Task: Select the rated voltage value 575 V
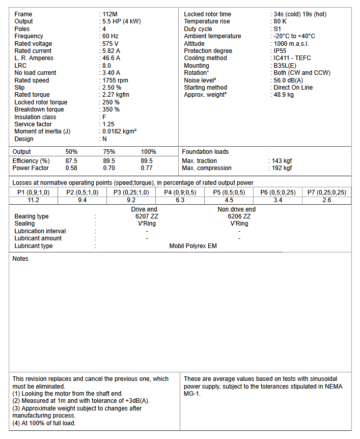pos(112,44)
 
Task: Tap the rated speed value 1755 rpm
pos(116,80)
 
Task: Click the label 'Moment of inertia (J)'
pos(42,131)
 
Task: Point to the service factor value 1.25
pos(109,124)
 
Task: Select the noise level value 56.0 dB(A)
pos(288,80)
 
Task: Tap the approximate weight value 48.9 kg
pos(284,95)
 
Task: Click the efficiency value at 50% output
pos(71,161)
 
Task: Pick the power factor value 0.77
pos(147,168)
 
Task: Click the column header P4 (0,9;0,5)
pos(180,193)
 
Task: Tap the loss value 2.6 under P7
pos(326,200)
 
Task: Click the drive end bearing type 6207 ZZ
pos(145,216)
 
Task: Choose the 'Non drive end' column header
pos(236,209)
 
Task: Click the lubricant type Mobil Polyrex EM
pos(193,246)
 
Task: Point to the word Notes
pos(20,259)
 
